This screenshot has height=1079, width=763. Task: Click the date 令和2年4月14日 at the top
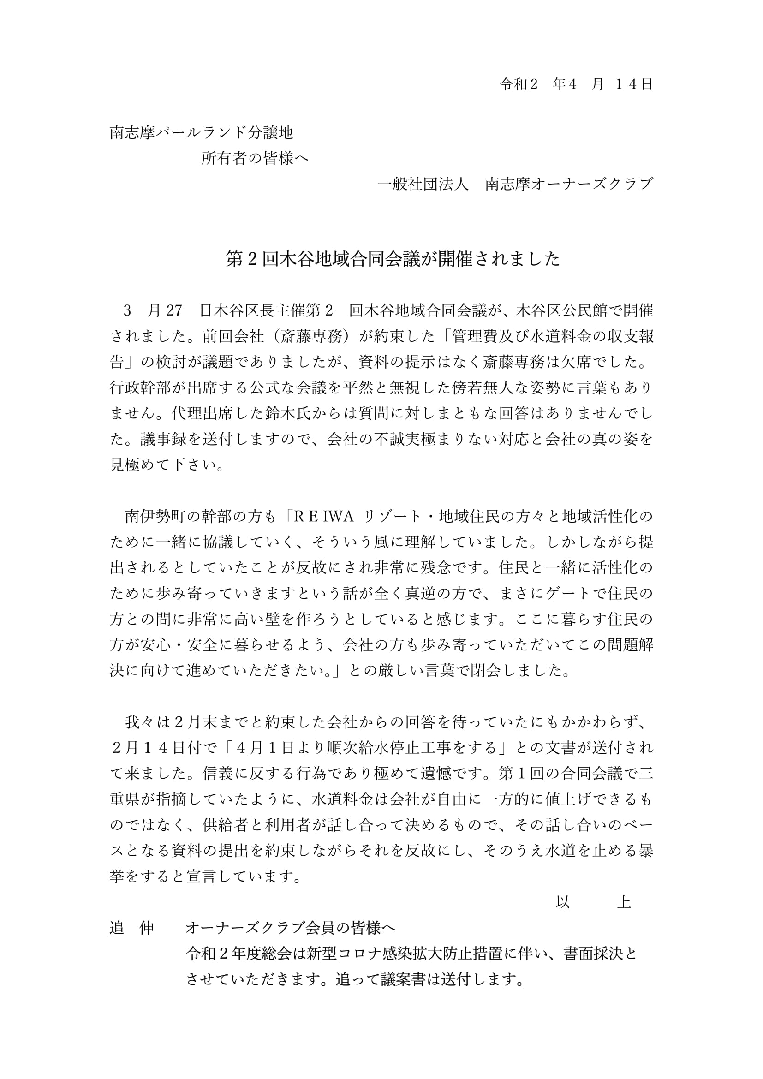[576, 84]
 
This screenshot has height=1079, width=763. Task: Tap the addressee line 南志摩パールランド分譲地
[202, 133]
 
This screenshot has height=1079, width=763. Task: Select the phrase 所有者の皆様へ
[255, 158]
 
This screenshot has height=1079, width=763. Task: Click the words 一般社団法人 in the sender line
[423, 184]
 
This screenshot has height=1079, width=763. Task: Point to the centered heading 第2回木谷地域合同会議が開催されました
[393, 259]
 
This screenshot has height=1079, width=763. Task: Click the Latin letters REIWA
[324, 517]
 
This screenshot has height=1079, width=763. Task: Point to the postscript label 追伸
[132, 928]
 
